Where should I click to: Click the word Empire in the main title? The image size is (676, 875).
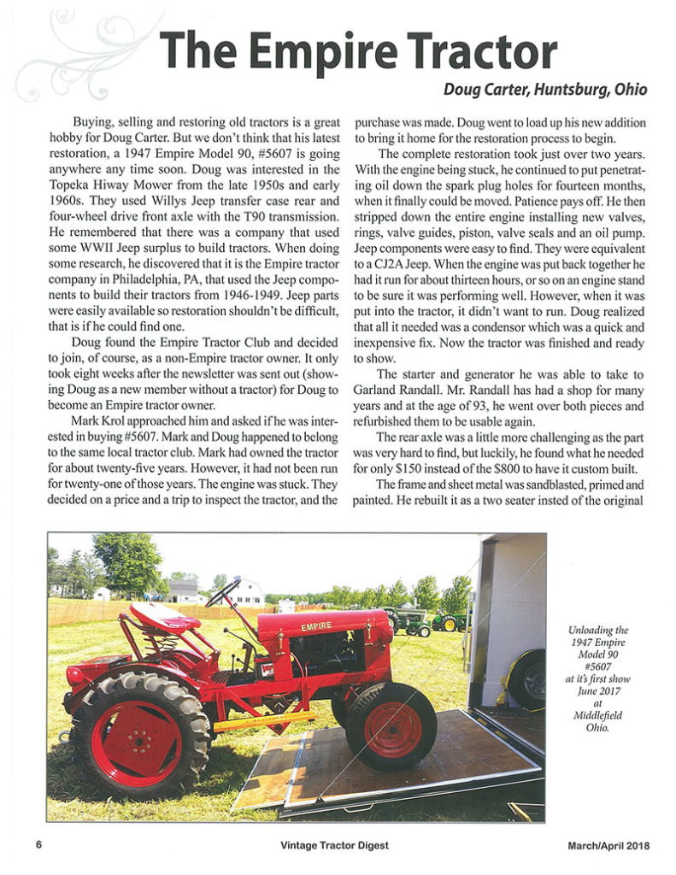(314, 51)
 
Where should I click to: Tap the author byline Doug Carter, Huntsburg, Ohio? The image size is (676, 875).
(545, 90)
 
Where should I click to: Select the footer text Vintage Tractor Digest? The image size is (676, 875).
(334, 845)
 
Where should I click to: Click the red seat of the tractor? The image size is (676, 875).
(162, 615)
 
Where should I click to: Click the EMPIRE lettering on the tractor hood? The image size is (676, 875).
(315, 626)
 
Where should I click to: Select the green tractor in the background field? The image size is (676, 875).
(450, 620)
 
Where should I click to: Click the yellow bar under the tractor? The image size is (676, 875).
(265, 722)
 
